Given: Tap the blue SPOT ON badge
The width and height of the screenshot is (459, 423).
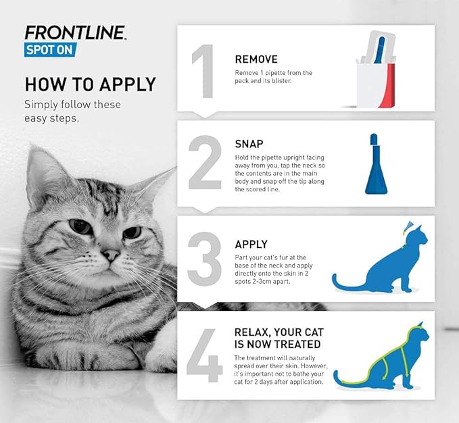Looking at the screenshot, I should coord(50,49).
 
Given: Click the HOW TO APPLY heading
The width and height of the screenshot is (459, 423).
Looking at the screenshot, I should coord(90,84).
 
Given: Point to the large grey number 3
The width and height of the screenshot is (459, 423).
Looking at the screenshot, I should coord(205,259).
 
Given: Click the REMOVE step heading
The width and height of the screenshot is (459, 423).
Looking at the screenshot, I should coord(256,59).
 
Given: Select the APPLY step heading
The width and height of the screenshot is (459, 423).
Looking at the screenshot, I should coord(251,244).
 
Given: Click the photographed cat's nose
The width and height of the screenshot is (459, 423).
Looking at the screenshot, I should coord(111,255).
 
